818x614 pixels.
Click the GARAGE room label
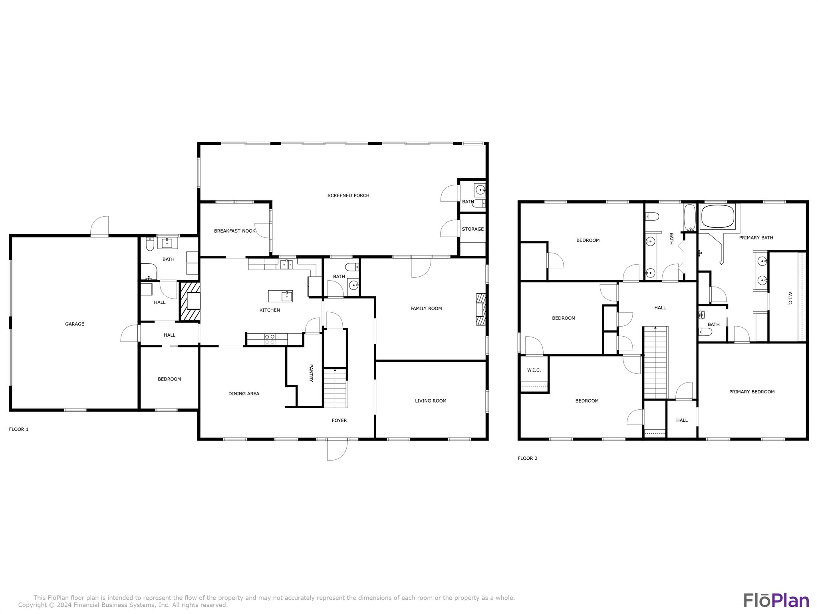tap(75, 324)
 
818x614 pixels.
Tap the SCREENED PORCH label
tap(348, 195)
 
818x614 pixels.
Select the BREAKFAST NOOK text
tap(234, 231)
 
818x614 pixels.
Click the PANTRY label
tap(311, 373)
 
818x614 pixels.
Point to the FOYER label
tap(339, 421)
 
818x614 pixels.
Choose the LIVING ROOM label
tap(431, 401)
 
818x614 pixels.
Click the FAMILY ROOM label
tap(426, 309)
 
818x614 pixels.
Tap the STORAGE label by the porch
tap(473, 229)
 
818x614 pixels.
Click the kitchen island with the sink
tap(280, 296)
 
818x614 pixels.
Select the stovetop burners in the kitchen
tap(270, 339)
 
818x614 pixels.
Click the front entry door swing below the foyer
tap(336, 450)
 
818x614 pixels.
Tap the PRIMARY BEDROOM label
tap(752, 392)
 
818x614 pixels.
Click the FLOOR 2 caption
tap(527, 459)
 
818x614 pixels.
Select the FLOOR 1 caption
tap(19, 429)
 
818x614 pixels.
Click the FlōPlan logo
tap(776, 600)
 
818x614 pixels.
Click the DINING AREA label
tap(244, 394)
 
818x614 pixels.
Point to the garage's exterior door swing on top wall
tap(100, 227)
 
